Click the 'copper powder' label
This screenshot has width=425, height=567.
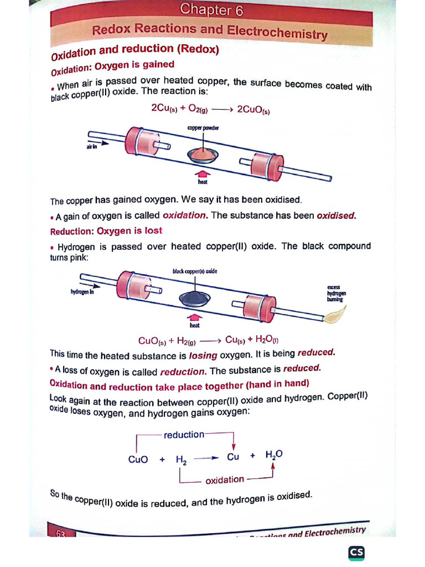203,128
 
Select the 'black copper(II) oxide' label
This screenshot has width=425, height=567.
195,271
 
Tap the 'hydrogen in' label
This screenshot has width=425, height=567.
82,292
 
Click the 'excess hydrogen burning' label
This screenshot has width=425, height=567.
335,293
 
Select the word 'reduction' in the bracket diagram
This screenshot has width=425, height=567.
184,435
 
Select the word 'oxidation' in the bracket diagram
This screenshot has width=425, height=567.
224,480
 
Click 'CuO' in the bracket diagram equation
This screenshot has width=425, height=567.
138,459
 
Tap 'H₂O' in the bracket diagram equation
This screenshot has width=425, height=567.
274,455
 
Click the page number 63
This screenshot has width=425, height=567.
60,533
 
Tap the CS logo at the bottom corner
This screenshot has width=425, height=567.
356,553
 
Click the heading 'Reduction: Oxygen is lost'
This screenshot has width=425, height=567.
106,231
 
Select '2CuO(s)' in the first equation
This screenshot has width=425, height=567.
253,110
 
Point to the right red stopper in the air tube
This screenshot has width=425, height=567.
265,164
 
